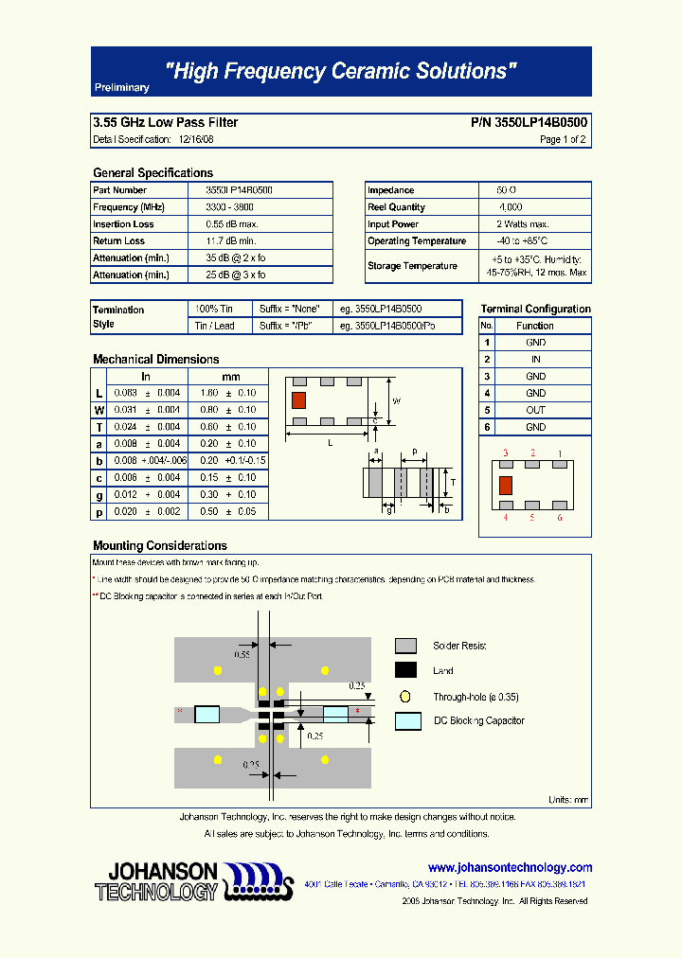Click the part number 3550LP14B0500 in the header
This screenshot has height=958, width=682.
(529, 123)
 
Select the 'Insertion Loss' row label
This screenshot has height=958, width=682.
(123, 224)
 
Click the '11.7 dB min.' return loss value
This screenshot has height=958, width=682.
(232, 241)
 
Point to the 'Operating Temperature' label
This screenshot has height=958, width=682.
(417, 241)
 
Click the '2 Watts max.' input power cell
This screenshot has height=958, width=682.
(522, 224)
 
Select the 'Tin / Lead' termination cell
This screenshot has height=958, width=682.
(214, 326)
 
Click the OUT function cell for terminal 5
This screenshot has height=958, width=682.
(535, 410)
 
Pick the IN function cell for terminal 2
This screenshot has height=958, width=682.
(535, 360)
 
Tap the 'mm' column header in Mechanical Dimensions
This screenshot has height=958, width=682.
(231, 377)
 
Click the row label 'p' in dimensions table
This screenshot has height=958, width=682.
(99, 512)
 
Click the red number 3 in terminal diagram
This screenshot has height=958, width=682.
(506, 454)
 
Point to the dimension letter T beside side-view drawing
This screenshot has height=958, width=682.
(453, 481)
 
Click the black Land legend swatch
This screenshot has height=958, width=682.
(405, 670)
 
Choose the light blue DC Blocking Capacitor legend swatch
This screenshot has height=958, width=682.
(408, 720)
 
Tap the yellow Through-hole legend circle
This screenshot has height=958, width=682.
(405, 696)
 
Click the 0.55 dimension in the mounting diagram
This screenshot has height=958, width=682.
(242, 654)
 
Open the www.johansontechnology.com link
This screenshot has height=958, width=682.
(510, 867)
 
